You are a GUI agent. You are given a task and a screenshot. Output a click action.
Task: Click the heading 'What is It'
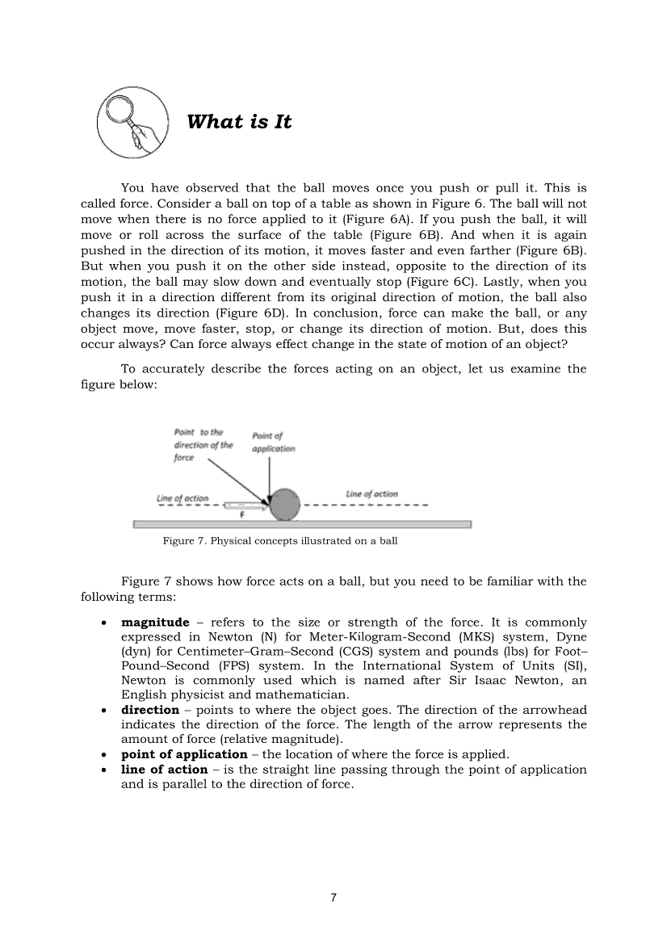click(238, 122)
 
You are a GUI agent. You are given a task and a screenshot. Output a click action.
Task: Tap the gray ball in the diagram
click(283, 504)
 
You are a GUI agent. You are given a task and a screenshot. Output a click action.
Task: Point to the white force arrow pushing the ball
click(246, 506)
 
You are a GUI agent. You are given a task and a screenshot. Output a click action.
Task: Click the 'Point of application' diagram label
click(274, 443)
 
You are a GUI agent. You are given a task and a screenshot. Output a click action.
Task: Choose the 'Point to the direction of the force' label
click(203, 445)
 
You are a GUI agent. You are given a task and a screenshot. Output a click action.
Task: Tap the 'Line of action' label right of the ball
click(371, 493)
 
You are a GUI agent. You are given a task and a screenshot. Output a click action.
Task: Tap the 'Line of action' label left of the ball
click(182, 498)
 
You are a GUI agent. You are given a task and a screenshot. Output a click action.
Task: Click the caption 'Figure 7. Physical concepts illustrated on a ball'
click(280, 540)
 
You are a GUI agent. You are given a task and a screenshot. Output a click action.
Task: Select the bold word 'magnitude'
click(155, 623)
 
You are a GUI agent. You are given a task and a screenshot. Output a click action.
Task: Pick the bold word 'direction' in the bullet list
click(150, 710)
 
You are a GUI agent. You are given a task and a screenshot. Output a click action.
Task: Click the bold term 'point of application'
click(184, 754)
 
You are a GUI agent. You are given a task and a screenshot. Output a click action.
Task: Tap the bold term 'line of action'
click(165, 769)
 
